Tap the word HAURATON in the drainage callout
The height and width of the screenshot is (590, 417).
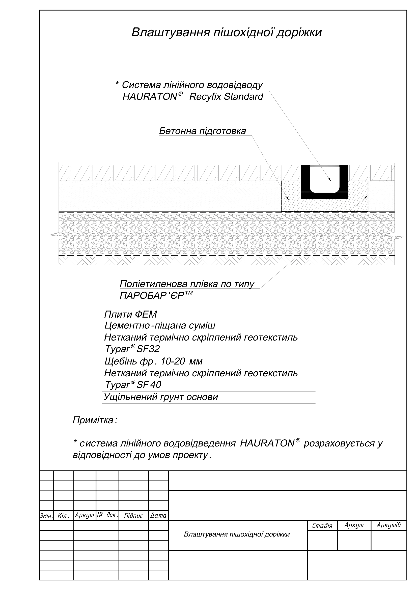point(150,97)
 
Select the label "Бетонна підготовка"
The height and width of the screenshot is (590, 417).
point(203,131)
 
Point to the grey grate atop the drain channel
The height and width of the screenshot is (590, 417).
point(324,166)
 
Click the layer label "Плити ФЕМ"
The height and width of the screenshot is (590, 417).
point(130,314)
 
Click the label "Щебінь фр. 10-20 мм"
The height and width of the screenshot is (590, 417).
point(153,361)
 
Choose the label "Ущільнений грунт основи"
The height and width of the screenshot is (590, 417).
point(161,397)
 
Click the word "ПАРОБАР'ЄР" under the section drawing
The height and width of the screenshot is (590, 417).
point(152,296)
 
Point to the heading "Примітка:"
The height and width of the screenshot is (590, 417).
point(95,420)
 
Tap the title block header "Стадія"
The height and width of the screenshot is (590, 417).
point(322,526)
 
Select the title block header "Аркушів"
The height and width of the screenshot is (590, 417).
point(388,525)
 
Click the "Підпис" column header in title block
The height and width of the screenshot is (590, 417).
point(133,516)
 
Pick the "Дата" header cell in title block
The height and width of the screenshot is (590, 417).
point(158,516)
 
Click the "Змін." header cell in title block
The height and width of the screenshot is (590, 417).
point(46,516)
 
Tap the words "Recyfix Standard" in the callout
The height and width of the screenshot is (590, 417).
point(226,97)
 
